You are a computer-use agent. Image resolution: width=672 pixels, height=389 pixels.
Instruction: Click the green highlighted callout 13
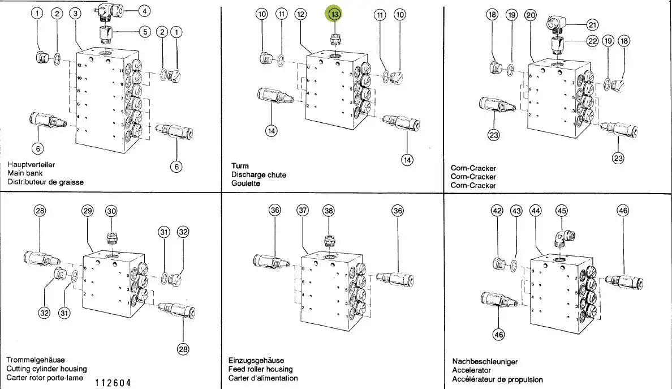(x=334, y=14)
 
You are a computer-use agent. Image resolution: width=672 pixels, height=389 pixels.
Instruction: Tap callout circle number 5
(x=144, y=32)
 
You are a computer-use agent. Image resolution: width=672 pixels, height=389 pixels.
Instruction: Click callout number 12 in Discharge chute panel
(x=300, y=14)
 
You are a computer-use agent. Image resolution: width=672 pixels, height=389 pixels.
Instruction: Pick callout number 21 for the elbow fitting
(x=592, y=24)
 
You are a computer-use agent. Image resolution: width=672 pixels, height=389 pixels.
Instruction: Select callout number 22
(x=592, y=41)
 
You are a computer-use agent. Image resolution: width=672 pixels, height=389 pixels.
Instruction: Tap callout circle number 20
(x=530, y=15)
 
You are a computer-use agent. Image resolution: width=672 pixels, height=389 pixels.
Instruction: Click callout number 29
(x=87, y=211)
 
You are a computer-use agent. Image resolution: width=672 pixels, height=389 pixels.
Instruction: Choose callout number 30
(x=111, y=211)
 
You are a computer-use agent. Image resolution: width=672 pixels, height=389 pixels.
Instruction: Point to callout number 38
(x=329, y=210)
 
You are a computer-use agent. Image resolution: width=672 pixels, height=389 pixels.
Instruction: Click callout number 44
(x=535, y=211)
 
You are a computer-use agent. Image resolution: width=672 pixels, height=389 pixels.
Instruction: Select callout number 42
(x=497, y=211)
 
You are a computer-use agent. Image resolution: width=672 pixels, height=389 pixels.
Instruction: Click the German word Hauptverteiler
(x=31, y=165)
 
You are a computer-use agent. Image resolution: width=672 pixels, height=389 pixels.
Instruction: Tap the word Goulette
(x=245, y=183)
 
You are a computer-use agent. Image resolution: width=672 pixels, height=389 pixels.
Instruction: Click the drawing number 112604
(x=113, y=383)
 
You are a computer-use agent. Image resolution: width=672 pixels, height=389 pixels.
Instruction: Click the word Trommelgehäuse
(x=36, y=360)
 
